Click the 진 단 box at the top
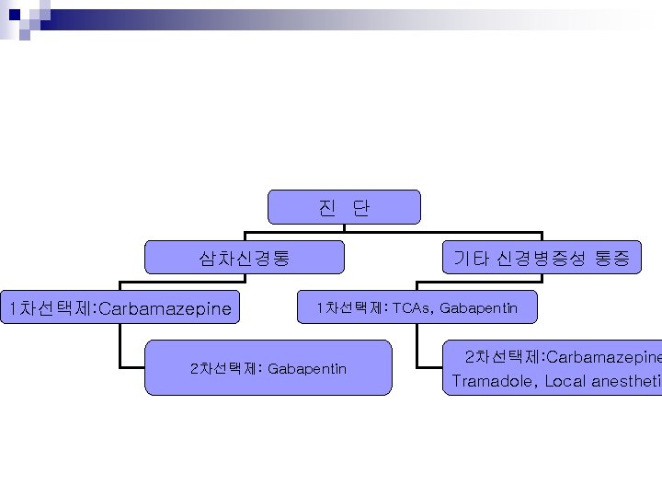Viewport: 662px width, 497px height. tap(344, 208)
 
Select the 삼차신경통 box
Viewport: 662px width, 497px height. tap(245, 259)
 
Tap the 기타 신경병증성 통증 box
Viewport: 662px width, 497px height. tap(542, 259)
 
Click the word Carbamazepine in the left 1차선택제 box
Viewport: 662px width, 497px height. tap(165, 307)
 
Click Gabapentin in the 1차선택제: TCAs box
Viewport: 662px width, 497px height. tap(479, 307)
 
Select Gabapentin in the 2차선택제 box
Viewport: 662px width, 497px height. tap(307, 369)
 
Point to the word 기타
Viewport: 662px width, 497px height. tap(472, 259)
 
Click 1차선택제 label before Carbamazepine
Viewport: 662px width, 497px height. tap(45, 307)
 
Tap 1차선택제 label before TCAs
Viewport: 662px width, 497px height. tap(349, 307)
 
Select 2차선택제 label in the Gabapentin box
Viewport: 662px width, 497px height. tap(224, 369)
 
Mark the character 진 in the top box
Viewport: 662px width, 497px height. tap(326, 208)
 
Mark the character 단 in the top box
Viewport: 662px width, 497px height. tap(361, 208)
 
